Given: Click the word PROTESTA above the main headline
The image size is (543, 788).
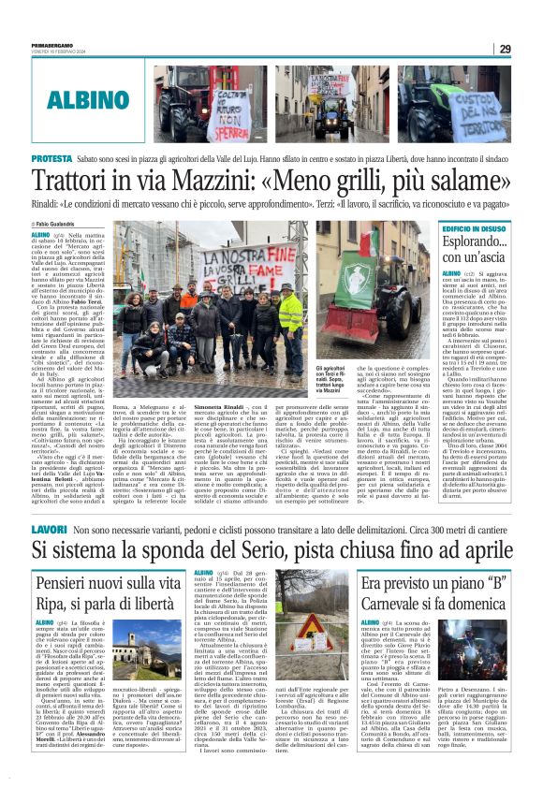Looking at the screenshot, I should click(52, 160).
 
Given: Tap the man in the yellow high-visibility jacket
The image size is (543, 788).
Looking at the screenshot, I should click(290, 314).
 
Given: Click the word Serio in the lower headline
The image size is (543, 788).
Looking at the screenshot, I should click(279, 524).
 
